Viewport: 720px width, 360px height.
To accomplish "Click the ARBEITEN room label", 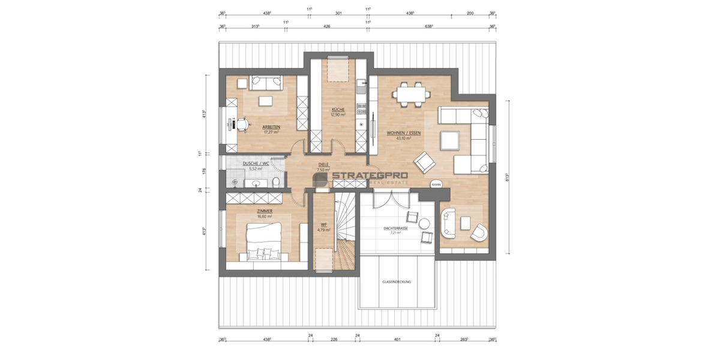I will pos(273,127).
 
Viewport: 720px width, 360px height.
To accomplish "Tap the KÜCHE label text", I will pos(338,110).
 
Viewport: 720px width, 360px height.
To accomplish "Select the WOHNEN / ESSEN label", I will pos(403,133).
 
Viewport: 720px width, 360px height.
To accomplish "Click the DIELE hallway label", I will pos(323,165).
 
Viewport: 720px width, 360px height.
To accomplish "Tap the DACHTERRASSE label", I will pos(396,228).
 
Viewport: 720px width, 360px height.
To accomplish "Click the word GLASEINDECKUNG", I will pos(397,281).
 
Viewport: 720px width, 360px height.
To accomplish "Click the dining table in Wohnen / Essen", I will pos(411,94).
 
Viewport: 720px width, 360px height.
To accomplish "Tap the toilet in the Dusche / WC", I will pos(275,182).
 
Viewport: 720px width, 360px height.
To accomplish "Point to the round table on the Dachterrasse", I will pos(424,224).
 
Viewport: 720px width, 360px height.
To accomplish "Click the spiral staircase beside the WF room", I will pos(346,231).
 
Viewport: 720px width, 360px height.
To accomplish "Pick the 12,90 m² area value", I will pos(338,115).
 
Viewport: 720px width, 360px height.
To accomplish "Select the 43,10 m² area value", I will pos(403,138).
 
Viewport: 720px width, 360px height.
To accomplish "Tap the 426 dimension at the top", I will pos(327,26).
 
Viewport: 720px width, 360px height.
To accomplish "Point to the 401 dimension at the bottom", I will pos(397,340).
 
